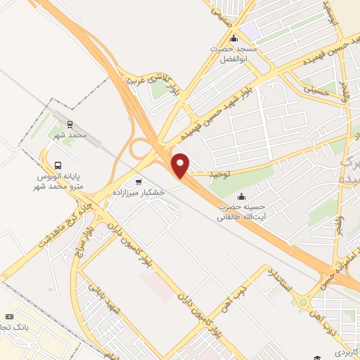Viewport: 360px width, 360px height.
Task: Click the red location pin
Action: tap(181, 165)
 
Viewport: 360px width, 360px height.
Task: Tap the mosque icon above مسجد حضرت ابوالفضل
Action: tap(234, 38)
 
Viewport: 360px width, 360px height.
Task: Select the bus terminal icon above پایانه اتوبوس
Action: tap(46, 157)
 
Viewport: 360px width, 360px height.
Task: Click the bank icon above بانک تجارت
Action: tap(9, 318)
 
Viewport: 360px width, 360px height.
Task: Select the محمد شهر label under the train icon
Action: tap(70, 134)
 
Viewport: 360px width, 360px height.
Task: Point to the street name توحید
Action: tap(220, 171)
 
